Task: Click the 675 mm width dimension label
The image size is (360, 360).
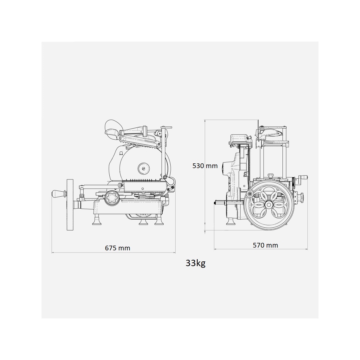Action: click(117, 248)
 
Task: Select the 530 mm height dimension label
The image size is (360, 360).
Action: click(205, 166)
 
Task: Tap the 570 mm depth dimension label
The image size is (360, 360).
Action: click(265, 245)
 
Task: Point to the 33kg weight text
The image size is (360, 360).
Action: click(196, 263)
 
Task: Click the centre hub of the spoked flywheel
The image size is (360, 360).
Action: click(268, 205)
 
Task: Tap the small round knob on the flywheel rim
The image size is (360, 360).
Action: click(250, 194)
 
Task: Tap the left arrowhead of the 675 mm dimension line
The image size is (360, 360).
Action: click(53, 252)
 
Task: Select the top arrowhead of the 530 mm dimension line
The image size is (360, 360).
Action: click(205, 121)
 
